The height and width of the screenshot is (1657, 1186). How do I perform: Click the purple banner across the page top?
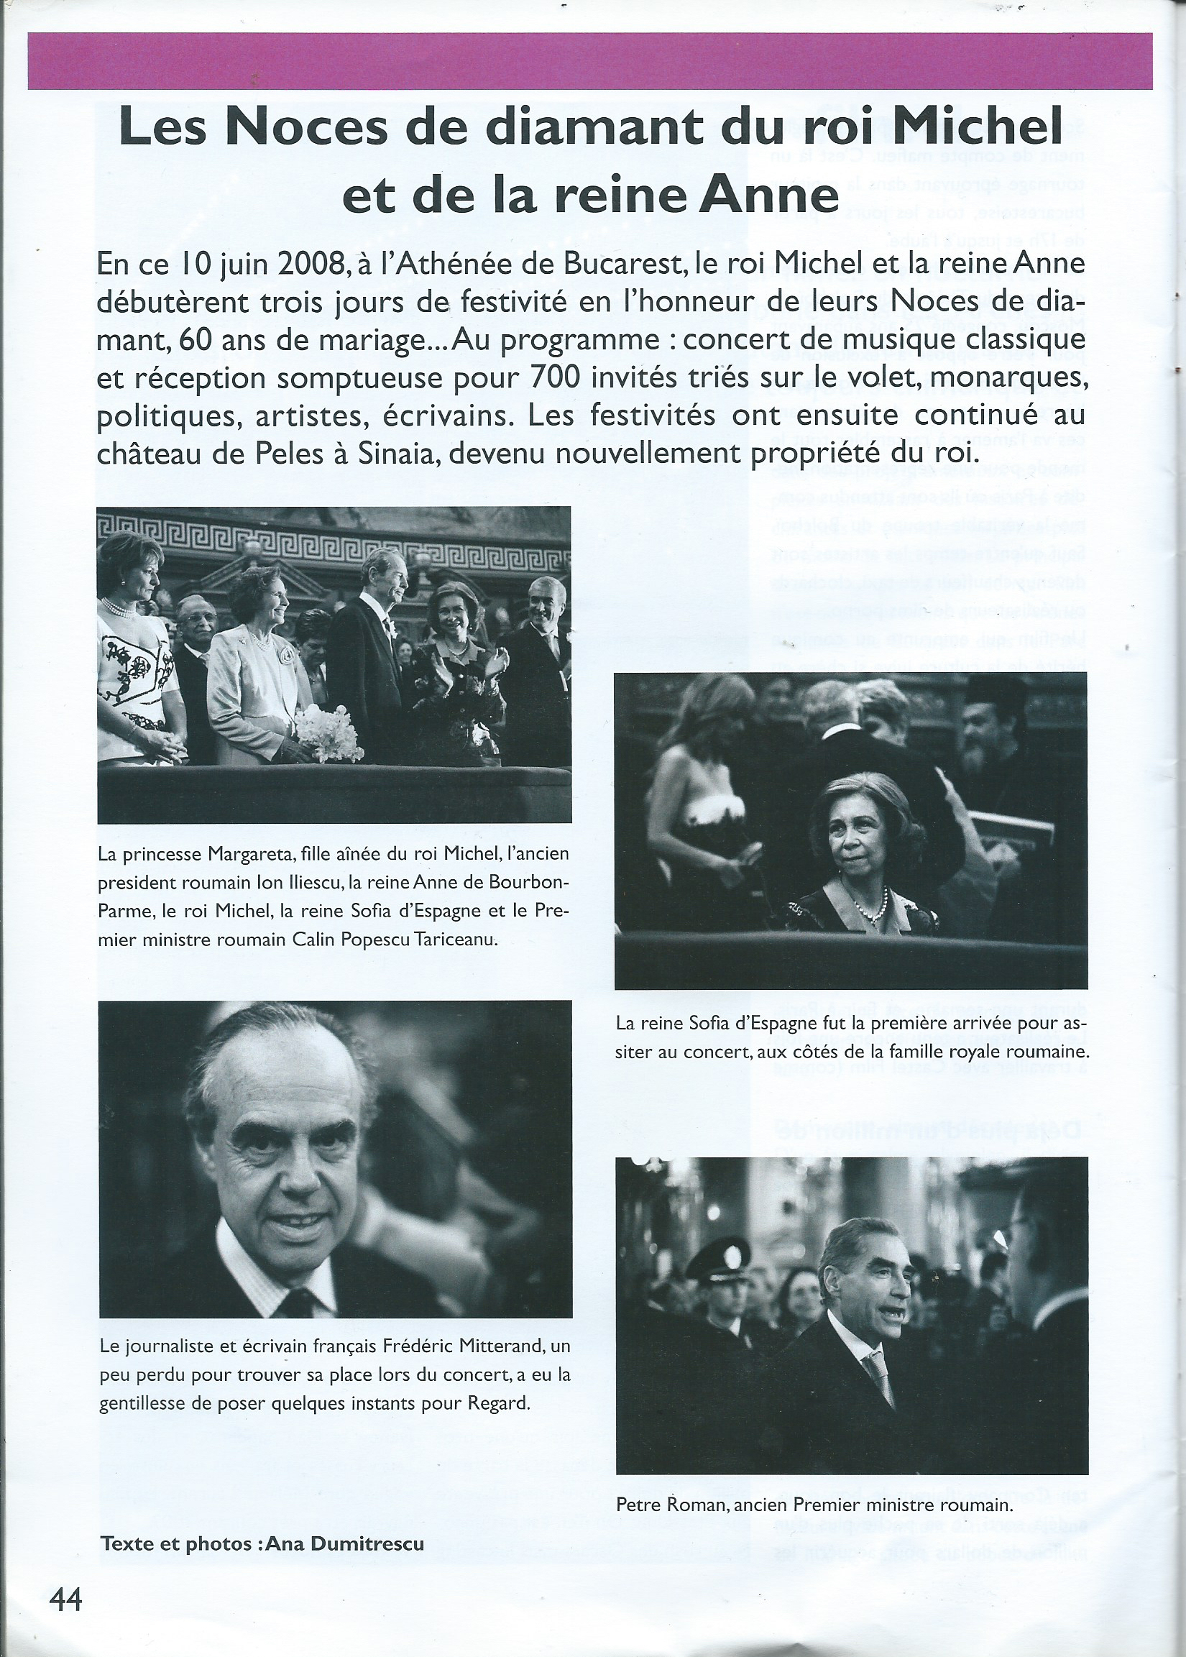pyautogui.click(x=590, y=61)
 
